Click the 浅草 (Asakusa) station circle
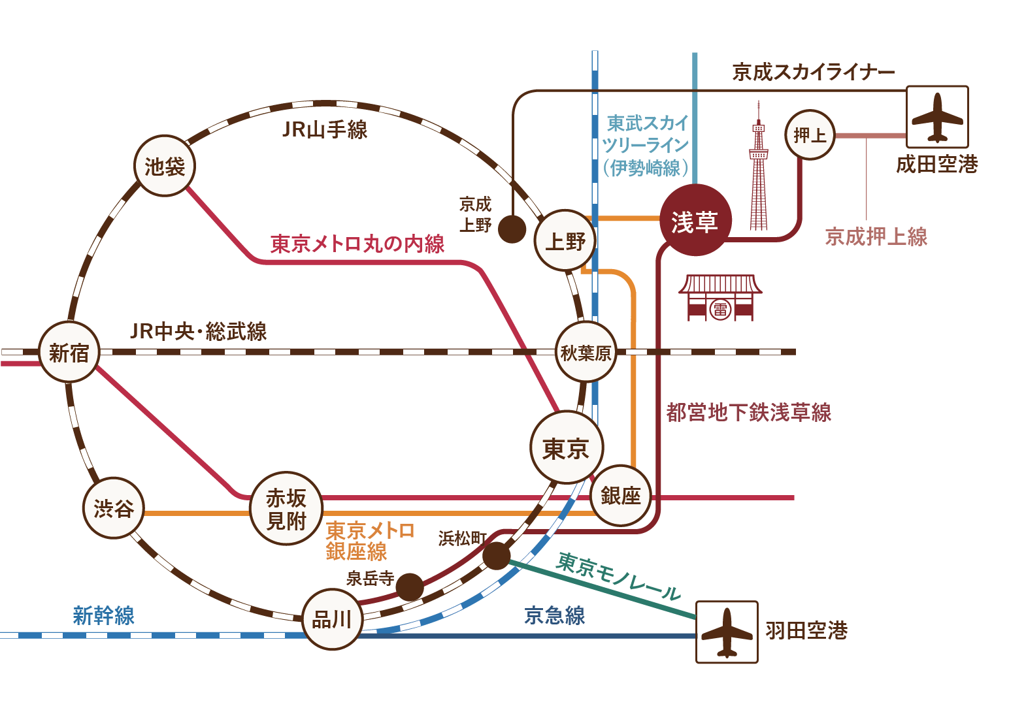[694, 221]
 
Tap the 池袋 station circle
[165, 166]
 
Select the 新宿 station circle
[69, 352]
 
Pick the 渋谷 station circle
[114, 507]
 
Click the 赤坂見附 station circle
[286, 508]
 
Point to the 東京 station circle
[566, 448]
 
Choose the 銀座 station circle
[620, 495]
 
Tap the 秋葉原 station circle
[586, 352]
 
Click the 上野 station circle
[565, 240]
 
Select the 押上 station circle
[810, 135]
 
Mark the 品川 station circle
[332, 619]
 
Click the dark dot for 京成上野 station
[512, 229]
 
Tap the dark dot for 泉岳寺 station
[410, 587]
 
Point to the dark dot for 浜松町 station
[497, 556]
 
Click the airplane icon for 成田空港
[937, 117]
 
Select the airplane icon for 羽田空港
[727, 632]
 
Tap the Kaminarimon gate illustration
[720, 298]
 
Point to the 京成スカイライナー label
[813, 72]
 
